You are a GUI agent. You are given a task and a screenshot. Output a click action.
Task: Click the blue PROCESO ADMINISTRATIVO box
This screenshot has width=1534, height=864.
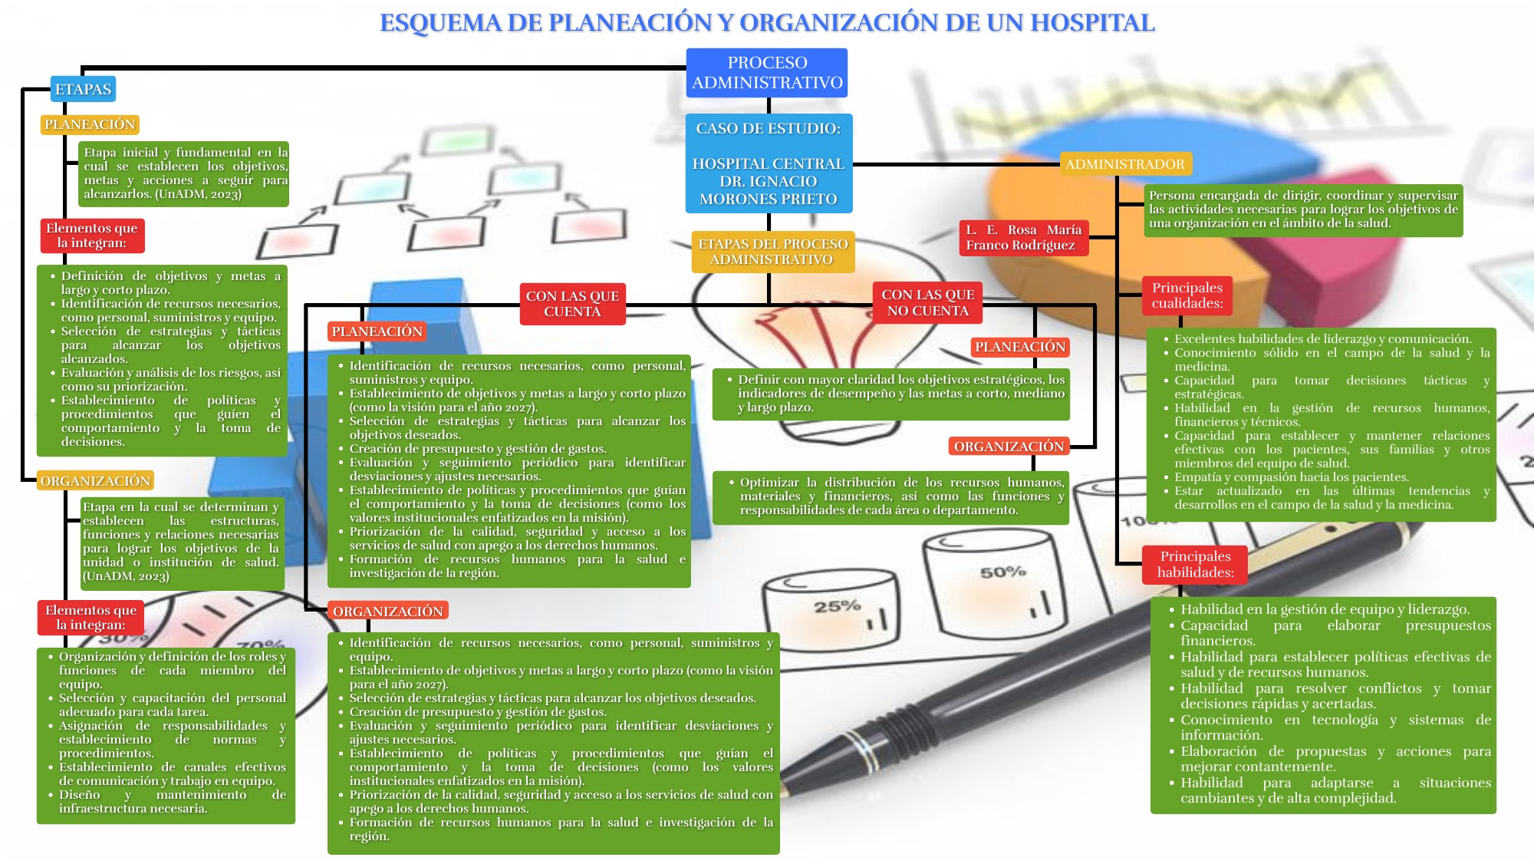[x=767, y=73]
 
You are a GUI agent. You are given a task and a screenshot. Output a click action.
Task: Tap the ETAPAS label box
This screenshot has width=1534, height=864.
[x=83, y=89]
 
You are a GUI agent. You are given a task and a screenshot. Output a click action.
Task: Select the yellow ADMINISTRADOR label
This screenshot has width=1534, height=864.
[x=1124, y=163]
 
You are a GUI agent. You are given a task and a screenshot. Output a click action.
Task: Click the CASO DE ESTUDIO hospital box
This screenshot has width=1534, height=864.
[x=769, y=163]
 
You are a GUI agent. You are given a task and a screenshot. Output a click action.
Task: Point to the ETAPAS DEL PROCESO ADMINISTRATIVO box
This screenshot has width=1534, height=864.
[x=772, y=252]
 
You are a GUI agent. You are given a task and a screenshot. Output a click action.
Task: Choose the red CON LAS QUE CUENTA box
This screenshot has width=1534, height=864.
[x=572, y=304]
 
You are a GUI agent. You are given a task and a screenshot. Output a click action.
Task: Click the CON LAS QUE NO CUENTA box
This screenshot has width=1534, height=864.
[x=927, y=302]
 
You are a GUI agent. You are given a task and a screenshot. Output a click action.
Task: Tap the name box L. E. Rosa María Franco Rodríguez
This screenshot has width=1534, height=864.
[x=1023, y=237]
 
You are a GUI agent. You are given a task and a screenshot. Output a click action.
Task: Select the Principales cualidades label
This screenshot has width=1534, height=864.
[x=1187, y=295]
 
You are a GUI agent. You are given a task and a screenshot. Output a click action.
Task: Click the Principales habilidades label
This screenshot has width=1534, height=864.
[x=1195, y=564]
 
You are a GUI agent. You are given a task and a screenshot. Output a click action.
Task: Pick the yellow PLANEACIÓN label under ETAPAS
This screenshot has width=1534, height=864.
[x=90, y=124]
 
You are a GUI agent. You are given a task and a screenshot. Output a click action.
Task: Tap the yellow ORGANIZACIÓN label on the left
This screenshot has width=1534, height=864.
[x=95, y=481]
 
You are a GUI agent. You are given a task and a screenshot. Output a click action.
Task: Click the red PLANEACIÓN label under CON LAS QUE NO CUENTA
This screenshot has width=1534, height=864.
[x=1019, y=347]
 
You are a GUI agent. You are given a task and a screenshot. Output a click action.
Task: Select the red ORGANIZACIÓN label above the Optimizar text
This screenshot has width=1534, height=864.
[x=1009, y=447]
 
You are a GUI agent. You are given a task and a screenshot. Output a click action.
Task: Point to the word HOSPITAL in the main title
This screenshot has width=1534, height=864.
[x=1092, y=23]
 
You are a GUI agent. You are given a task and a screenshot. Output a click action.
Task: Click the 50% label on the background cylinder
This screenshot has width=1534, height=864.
[x=1002, y=572]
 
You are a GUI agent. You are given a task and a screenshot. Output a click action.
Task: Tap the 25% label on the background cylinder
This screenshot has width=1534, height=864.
[x=837, y=606]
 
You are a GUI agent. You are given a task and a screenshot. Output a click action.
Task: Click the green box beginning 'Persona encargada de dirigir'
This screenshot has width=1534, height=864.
[x=1303, y=209]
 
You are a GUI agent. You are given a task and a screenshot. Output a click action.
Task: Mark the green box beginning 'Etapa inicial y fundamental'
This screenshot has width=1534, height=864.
[x=184, y=173]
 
